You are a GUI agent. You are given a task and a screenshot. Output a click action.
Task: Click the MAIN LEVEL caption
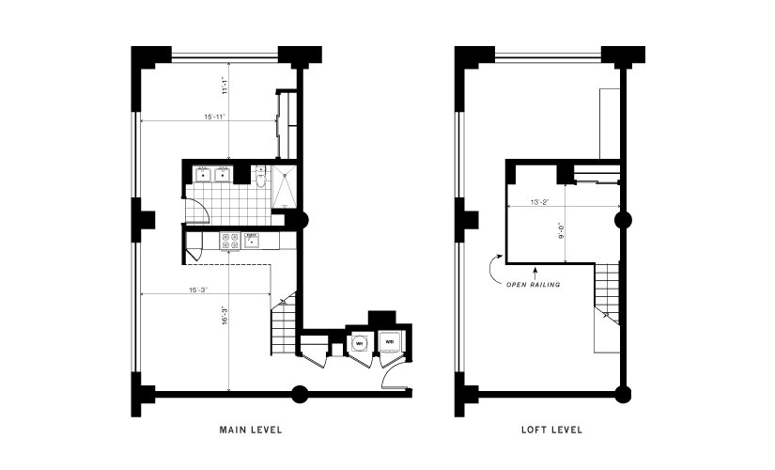[x=251, y=430]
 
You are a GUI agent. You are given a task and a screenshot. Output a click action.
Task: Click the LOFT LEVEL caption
[x=551, y=430]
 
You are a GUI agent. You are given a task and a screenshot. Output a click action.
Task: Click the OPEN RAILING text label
[x=533, y=284]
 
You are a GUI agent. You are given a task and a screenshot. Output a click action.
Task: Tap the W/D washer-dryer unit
[x=389, y=344]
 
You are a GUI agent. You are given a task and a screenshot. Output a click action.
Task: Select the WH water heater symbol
[x=358, y=344]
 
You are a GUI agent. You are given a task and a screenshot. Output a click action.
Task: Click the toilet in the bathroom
[x=263, y=176]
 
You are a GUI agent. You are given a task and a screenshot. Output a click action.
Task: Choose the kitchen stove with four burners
[x=229, y=242]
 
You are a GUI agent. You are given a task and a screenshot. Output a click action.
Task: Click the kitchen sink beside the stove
[x=253, y=242]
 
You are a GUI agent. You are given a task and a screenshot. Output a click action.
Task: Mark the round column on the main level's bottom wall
[x=301, y=393]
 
